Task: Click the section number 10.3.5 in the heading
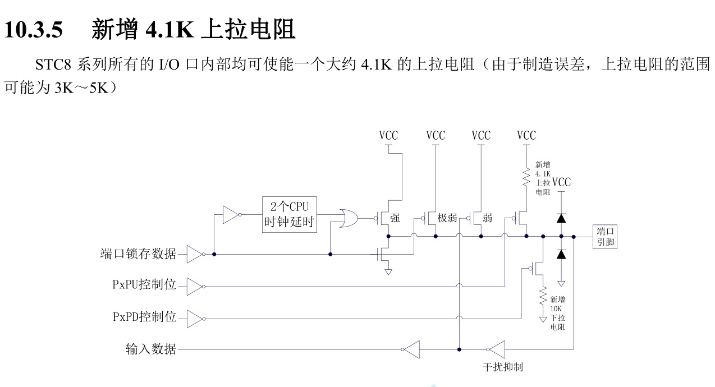[34, 30]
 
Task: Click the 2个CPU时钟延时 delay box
[289, 214]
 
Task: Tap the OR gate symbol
[349, 218]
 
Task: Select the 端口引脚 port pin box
[605, 237]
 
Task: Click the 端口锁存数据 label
[138, 254]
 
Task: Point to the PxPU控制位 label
[144, 284]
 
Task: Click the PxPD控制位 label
[144, 317]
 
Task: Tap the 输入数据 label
[150, 349]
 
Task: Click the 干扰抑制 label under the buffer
[503, 367]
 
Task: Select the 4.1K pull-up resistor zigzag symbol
[526, 177]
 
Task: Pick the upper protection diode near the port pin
[561, 218]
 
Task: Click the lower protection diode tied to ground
[561, 254]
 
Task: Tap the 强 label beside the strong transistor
[395, 218]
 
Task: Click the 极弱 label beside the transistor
[447, 218]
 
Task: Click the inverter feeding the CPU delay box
[232, 215]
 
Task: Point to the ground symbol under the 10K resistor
[543, 320]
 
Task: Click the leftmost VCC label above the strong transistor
[388, 136]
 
